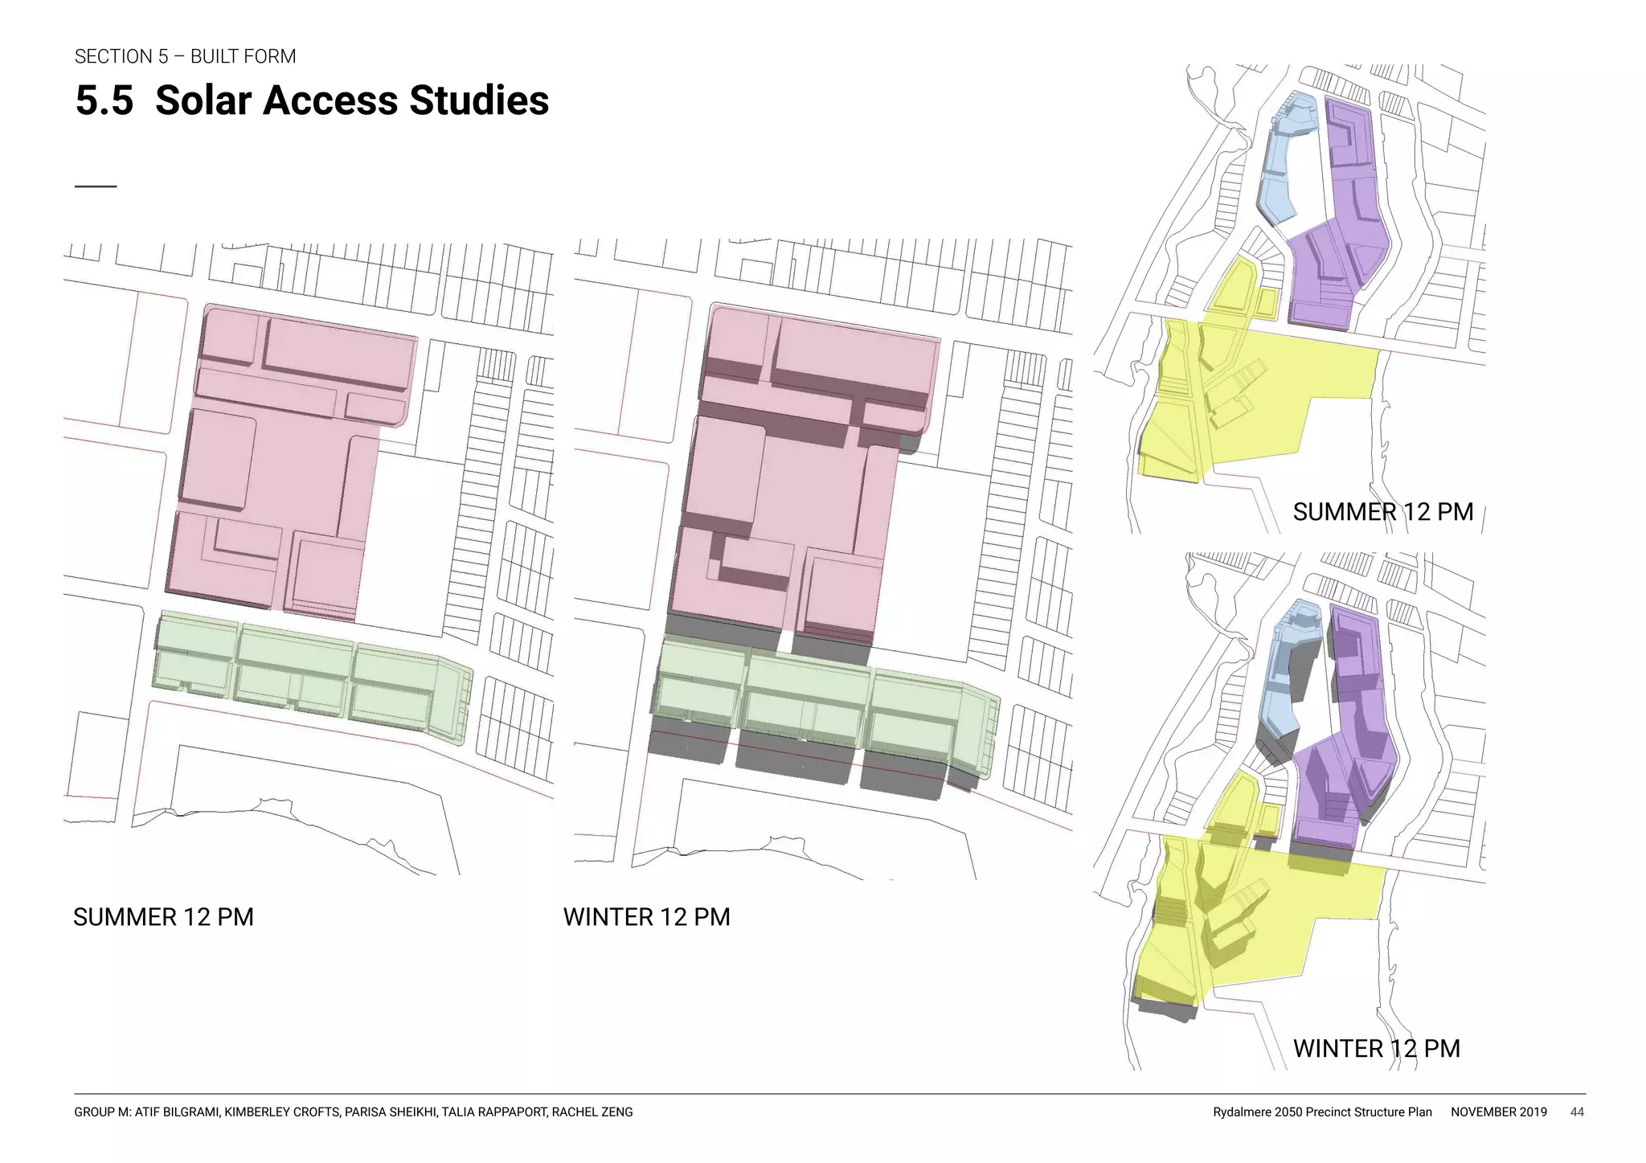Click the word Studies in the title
(x=479, y=100)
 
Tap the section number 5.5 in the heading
(x=104, y=100)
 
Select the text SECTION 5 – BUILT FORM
(x=185, y=56)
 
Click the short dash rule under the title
(x=95, y=186)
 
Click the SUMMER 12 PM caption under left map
(x=163, y=917)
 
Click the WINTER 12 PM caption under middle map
(x=646, y=917)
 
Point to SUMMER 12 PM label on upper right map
(x=1382, y=512)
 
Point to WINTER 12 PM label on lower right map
(x=1376, y=1048)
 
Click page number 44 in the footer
(x=1577, y=1112)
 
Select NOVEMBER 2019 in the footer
(x=1498, y=1112)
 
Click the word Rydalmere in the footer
(x=1243, y=1112)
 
